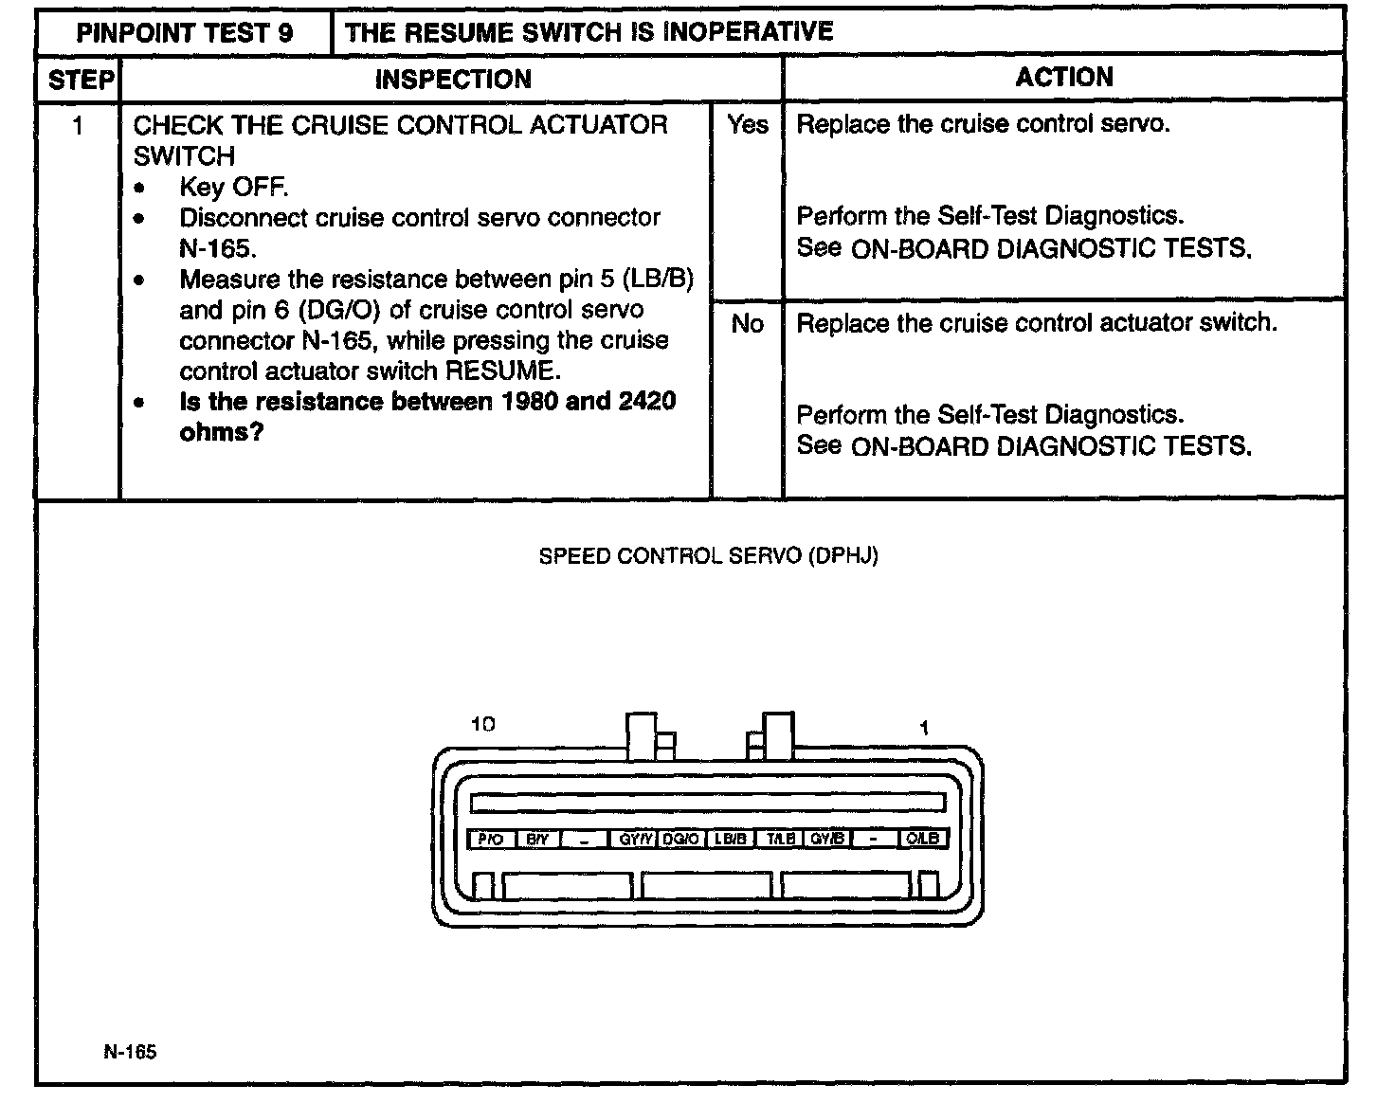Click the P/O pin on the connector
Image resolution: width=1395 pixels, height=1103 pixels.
491,840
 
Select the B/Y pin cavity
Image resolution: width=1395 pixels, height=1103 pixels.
537,840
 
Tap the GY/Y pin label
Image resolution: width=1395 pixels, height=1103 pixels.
635,840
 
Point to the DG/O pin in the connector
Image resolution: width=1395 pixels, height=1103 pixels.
681,840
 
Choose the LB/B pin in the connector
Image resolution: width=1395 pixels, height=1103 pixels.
731,840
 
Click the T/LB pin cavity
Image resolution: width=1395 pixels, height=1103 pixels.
780,840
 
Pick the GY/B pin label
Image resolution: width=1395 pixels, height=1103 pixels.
827,840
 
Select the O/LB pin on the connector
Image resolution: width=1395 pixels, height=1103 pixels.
922,840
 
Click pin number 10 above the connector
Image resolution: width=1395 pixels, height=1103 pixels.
483,725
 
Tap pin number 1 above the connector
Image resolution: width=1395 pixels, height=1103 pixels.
924,728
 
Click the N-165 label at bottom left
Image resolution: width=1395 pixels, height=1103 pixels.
131,1052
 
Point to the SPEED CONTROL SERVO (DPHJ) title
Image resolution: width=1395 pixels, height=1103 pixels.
708,556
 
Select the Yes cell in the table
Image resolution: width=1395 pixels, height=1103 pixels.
747,124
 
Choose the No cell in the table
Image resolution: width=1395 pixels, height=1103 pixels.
747,324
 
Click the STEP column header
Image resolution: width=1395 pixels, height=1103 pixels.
80,80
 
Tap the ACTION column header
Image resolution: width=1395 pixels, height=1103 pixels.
1063,78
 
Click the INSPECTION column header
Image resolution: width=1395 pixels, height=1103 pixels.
452,80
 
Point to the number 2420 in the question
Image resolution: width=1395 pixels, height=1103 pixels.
646,402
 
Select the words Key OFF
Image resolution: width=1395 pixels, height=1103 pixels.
233,187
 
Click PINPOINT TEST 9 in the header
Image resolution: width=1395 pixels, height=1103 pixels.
185,33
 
